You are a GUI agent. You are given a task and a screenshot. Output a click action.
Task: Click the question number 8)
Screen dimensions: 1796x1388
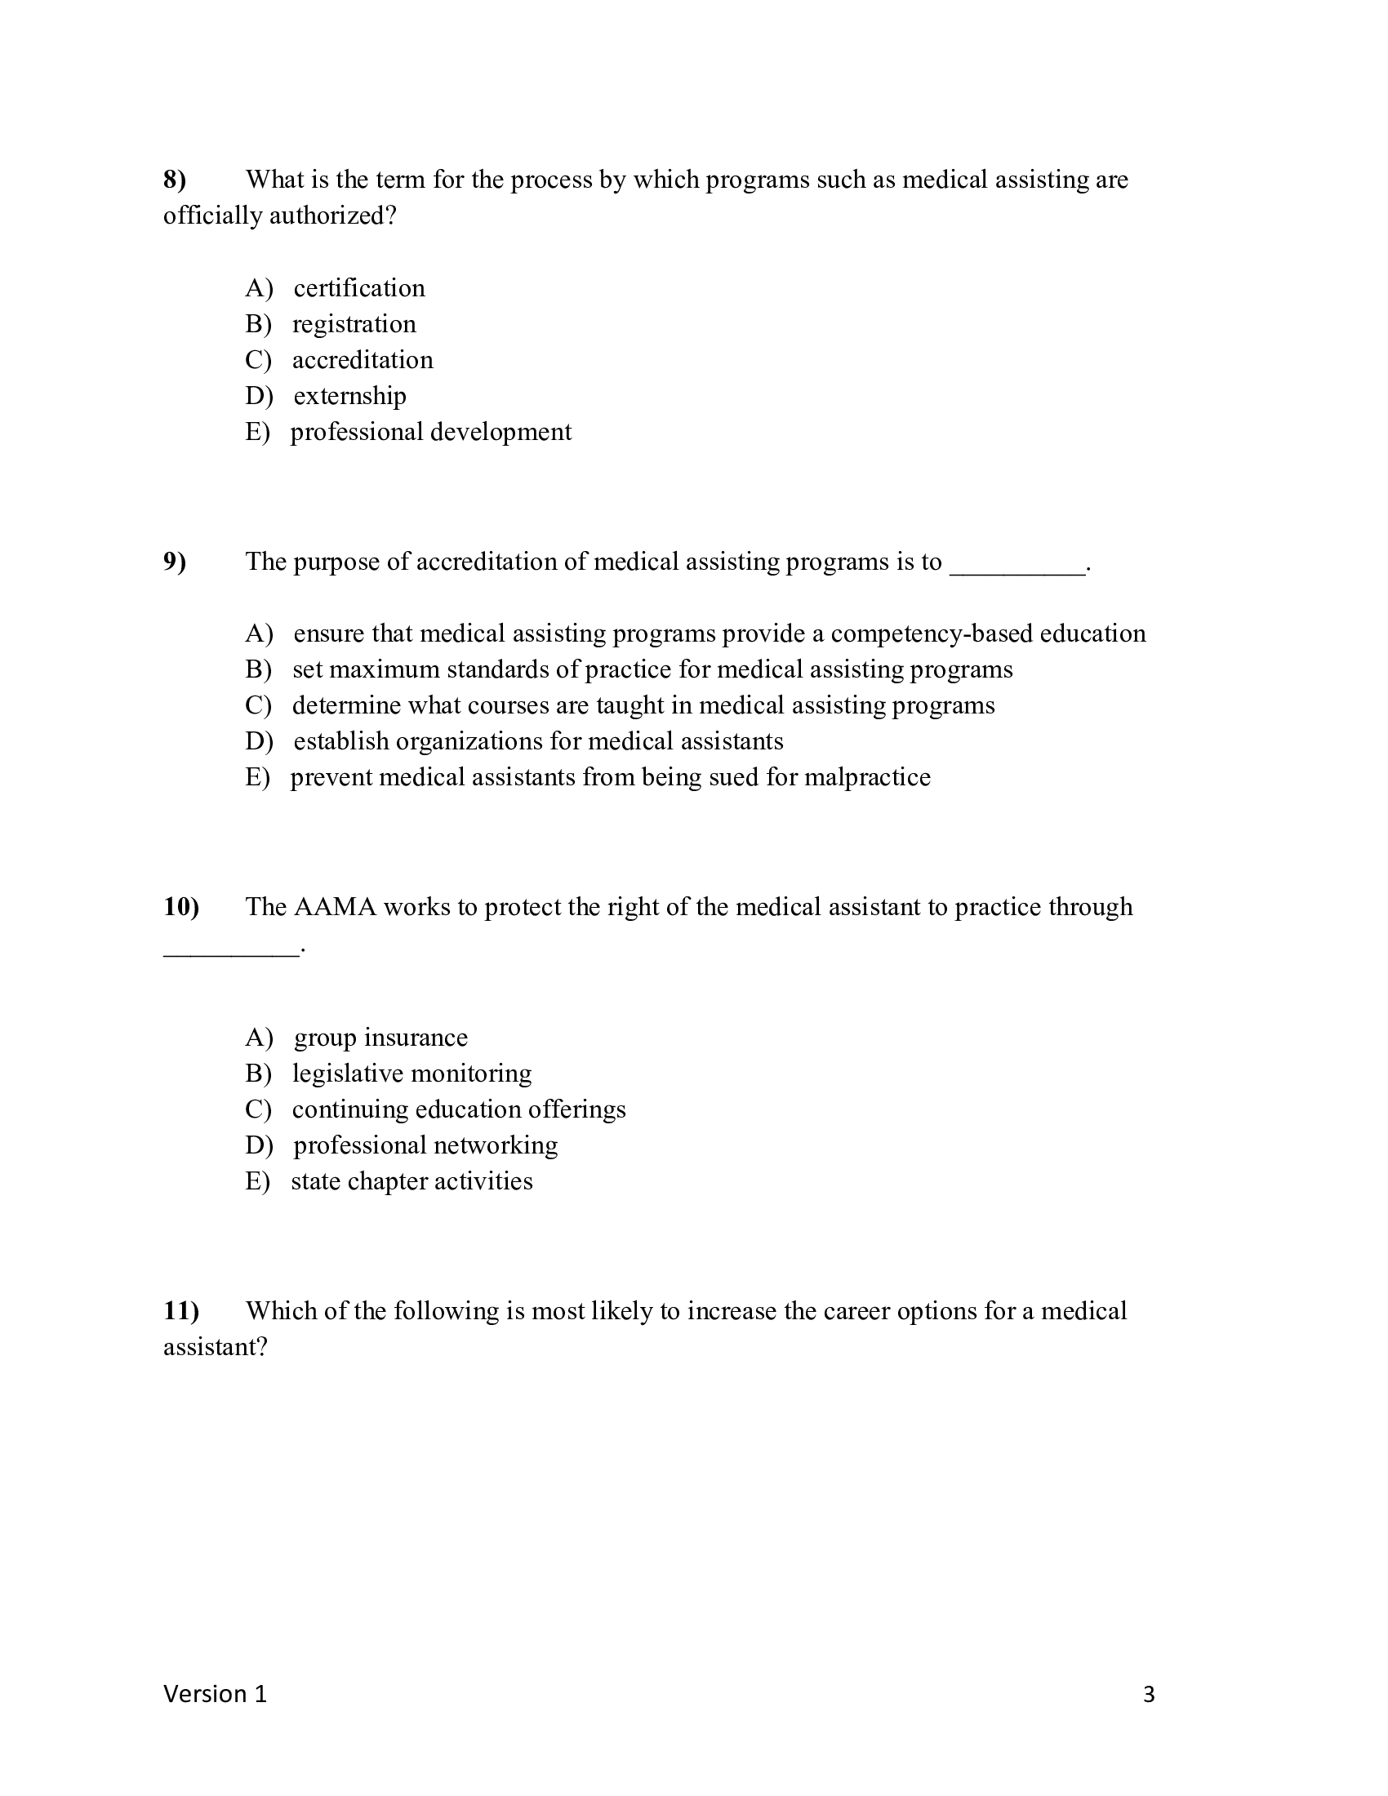pos(176,180)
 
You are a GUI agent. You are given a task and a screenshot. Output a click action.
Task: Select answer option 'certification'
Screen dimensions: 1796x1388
pos(358,288)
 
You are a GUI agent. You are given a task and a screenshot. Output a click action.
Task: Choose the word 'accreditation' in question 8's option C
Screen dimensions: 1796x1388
pos(363,360)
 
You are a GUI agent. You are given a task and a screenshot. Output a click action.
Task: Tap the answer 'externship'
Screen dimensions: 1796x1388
pos(349,397)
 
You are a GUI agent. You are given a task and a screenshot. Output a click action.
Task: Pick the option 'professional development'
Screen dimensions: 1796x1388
pos(430,433)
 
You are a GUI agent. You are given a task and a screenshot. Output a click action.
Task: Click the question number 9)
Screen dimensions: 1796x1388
pos(176,562)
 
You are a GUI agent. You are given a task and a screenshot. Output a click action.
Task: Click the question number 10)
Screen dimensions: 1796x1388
pos(181,907)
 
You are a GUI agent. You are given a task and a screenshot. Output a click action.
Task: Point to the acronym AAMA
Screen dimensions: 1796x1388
pos(335,907)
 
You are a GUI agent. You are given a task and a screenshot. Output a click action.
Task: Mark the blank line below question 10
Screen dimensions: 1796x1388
pos(231,952)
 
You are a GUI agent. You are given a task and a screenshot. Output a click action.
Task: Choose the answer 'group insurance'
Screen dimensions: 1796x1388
pos(380,1038)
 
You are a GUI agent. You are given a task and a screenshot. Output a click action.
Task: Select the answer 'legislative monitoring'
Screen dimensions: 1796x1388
pos(412,1074)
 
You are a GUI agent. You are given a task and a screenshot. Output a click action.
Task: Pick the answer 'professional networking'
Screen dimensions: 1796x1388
pos(425,1145)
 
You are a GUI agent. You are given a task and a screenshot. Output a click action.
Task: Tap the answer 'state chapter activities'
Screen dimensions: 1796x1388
pos(412,1182)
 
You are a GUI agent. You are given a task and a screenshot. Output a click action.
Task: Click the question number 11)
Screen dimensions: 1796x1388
pos(181,1311)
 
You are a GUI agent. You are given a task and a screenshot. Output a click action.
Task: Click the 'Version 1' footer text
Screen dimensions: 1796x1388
pos(216,1694)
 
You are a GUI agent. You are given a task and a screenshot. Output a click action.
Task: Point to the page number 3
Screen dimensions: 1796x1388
pos(1149,1695)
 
